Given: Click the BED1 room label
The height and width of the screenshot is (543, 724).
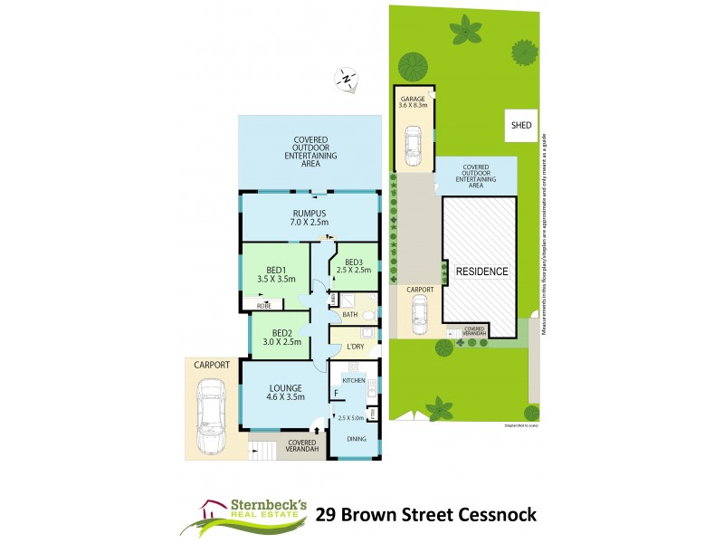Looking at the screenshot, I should pos(277,269).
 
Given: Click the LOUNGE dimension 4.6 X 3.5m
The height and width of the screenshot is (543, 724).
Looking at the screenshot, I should pos(284,395).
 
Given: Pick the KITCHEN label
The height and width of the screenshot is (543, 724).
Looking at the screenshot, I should pos(354,381).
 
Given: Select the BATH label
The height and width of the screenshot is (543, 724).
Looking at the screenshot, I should pos(349,315).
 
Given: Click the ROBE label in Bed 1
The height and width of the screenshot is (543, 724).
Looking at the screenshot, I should pos(265,306).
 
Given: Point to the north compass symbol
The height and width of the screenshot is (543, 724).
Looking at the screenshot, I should pos(347,79).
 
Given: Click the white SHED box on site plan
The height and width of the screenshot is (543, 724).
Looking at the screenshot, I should pos(521,126).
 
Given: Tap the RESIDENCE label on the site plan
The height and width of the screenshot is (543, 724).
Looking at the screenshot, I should pos(481,271).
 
